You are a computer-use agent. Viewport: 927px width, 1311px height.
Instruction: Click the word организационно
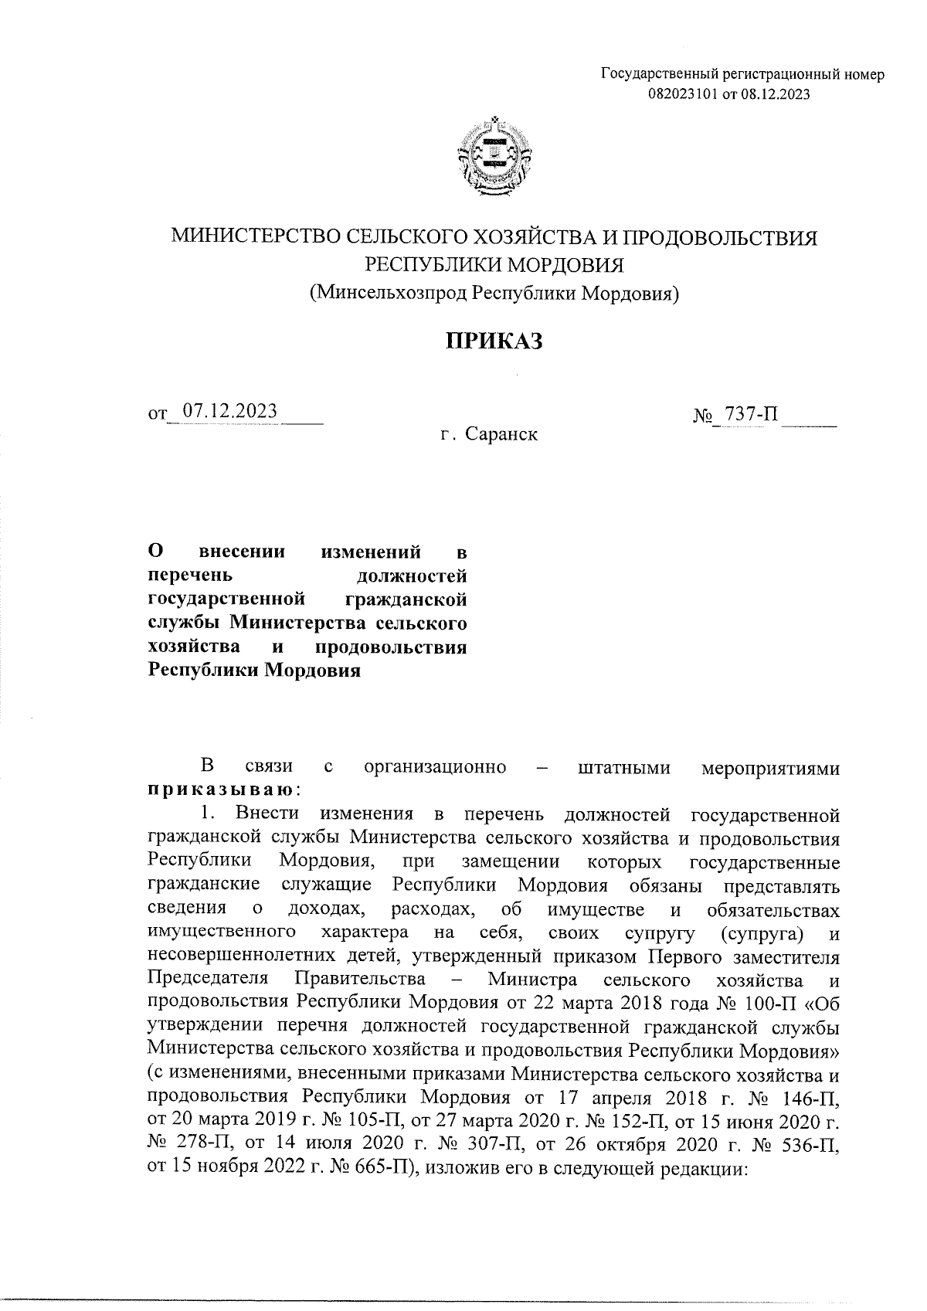[x=435, y=767]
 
